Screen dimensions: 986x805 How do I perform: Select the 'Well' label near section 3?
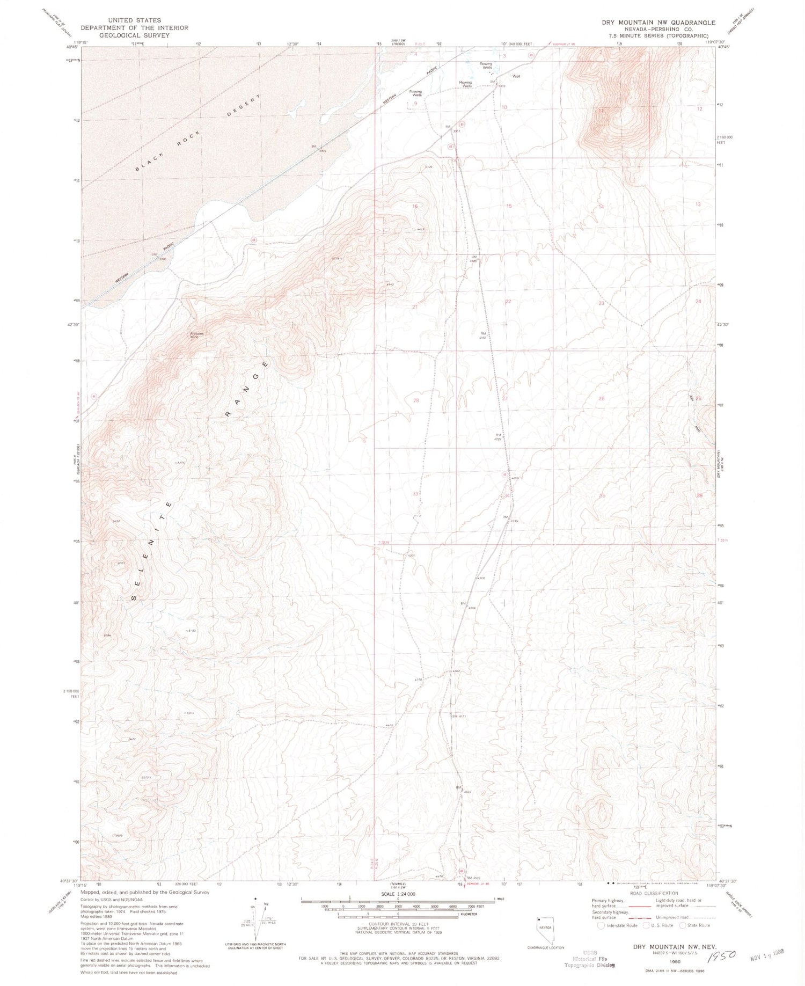(x=516, y=76)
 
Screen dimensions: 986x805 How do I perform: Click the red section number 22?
(x=508, y=302)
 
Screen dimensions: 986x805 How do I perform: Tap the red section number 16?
(x=414, y=206)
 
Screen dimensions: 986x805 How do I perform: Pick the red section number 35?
(x=602, y=495)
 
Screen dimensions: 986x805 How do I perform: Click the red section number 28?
(x=415, y=400)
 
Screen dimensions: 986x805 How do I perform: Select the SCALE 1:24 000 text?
(x=399, y=894)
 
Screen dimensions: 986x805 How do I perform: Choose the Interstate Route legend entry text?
(x=622, y=925)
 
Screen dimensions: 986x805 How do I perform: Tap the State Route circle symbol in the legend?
(x=683, y=925)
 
